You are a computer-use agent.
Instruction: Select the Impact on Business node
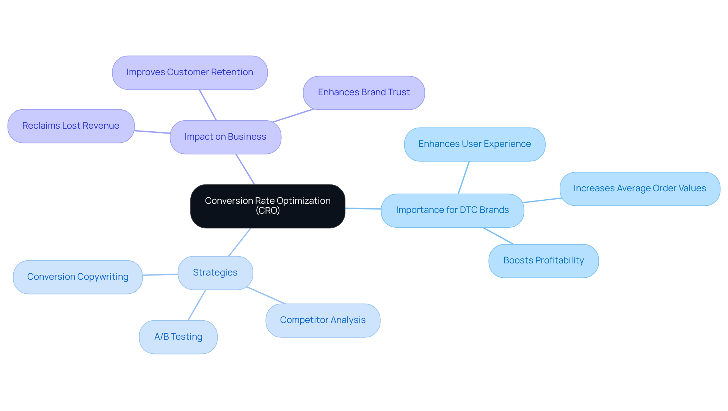[x=225, y=137]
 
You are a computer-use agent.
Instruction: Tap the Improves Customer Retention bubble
[x=190, y=72]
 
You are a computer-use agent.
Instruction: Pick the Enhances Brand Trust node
[x=364, y=93]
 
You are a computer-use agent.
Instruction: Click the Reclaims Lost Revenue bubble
[x=71, y=126]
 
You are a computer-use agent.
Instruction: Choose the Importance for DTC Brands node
[x=452, y=210]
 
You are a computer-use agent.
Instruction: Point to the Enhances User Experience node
[x=474, y=144]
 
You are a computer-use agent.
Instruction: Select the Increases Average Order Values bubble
[x=640, y=189]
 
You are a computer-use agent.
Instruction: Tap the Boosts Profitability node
[x=543, y=261]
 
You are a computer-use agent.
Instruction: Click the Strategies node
[x=215, y=273]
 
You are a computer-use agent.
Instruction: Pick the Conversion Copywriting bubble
[x=78, y=277]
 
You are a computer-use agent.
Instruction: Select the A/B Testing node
[x=178, y=337]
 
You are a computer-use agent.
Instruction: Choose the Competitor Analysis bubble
[x=323, y=320]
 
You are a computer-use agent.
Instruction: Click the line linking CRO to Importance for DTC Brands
[x=363, y=208]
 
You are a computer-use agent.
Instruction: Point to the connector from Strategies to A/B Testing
[x=197, y=305]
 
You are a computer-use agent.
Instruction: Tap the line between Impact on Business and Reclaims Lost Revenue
[x=152, y=132]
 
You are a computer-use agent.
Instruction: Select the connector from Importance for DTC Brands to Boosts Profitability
[x=498, y=236]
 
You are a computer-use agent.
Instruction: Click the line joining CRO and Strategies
[x=240, y=242]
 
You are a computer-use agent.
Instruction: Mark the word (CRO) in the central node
[x=268, y=211]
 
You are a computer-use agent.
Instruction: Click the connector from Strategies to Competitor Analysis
[x=266, y=295]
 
